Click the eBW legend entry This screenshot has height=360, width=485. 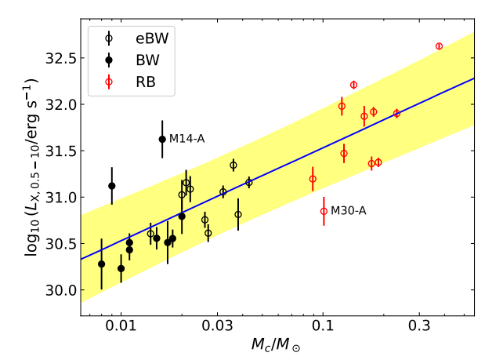pos(140,37)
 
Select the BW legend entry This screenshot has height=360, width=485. pos(137,59)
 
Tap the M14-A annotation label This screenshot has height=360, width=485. pos(186,139)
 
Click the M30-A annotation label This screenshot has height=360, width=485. pos(348,210)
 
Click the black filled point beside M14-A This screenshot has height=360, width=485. pos(162,139)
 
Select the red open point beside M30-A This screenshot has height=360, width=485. pos(324,210)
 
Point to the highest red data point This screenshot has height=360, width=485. pos(439,46)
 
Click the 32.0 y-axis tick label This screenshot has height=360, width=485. pos(59,104)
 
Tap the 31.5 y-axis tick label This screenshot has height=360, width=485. pos(59,151)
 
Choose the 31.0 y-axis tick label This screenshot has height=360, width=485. pos(59,197)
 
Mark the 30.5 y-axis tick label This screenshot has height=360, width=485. pos(59,243)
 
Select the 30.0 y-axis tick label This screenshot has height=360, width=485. pos(59,290)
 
